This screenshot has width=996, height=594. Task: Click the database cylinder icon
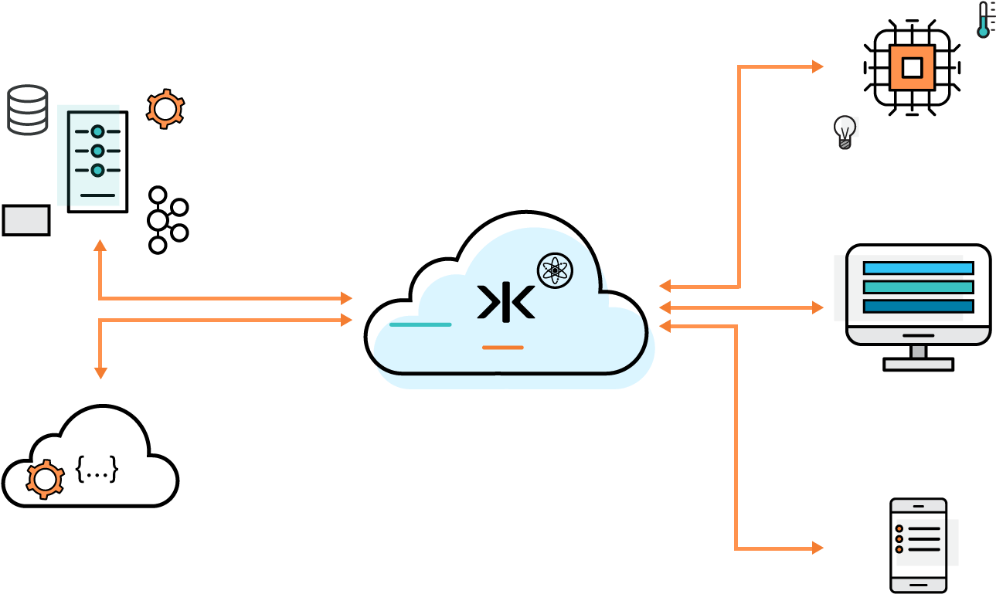[28, 110]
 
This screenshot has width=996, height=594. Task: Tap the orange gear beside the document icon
[165, 109]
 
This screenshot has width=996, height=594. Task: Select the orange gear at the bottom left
[45, 479]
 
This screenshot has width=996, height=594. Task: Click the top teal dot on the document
[97, 132]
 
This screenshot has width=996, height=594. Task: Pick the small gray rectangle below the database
[26, 220]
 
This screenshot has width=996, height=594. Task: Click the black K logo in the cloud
[506, 302]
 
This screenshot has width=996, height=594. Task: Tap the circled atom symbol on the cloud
[555, 270]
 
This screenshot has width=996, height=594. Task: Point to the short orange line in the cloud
[502, 348]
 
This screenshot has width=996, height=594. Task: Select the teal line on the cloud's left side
[420, 324]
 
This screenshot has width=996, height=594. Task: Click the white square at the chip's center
[912, 68]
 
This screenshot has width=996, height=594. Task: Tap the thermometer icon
[983, 20]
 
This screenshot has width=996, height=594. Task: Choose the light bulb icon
[846, 131]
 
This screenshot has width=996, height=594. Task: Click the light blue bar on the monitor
[917, 268]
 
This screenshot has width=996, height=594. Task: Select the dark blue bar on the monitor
[917, 307]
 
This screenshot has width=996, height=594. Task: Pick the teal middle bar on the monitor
[917, 287]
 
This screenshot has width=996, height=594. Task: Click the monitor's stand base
[918, 364]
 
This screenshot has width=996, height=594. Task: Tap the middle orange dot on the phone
[899, 538]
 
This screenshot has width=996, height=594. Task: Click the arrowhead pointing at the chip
[818, 66]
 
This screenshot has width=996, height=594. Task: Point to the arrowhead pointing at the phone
[818, 548]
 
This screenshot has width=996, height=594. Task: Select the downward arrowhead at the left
[100, 373]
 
